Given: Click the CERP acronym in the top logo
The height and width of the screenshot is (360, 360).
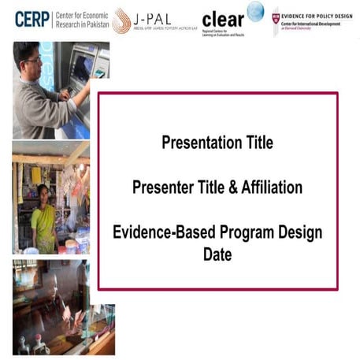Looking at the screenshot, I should [32, 19].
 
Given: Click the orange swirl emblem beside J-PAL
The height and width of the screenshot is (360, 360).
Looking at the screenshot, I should [121, 21].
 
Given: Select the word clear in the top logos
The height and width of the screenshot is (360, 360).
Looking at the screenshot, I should [222, 20].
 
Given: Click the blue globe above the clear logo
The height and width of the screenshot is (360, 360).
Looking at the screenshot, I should [255, 11].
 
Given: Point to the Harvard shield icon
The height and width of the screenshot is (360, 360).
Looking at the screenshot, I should [275, 17].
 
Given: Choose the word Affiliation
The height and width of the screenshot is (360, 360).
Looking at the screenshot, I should [273, 188].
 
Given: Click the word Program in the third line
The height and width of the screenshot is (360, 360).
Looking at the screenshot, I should [240, 232].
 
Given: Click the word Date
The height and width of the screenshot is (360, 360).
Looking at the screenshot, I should [217, 255].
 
